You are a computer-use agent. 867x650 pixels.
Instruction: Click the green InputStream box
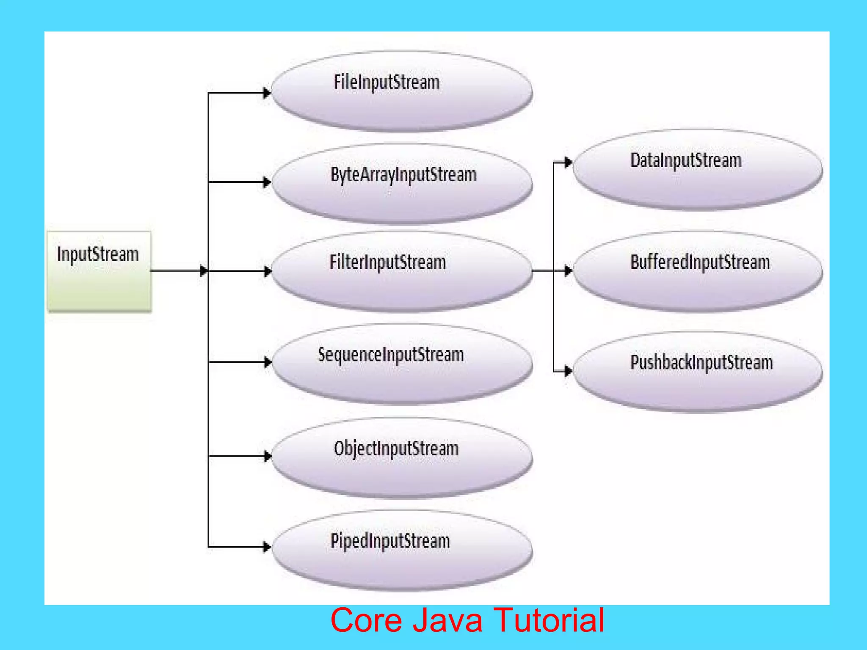point(99,271)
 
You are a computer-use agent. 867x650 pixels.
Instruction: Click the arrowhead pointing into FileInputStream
point(267,93)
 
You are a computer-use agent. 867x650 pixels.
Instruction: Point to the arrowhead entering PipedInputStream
point(267,547)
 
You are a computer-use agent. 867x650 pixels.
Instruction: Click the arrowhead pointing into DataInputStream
point(568,162)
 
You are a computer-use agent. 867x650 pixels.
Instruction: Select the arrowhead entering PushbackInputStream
point(568,371)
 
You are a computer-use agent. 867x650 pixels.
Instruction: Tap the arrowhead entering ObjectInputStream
point(267,456)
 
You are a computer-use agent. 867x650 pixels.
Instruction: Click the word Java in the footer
point(447,620)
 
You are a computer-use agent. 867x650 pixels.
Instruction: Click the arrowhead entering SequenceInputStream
point(267,362)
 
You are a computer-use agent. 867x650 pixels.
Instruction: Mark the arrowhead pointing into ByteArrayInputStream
point(267,182)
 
